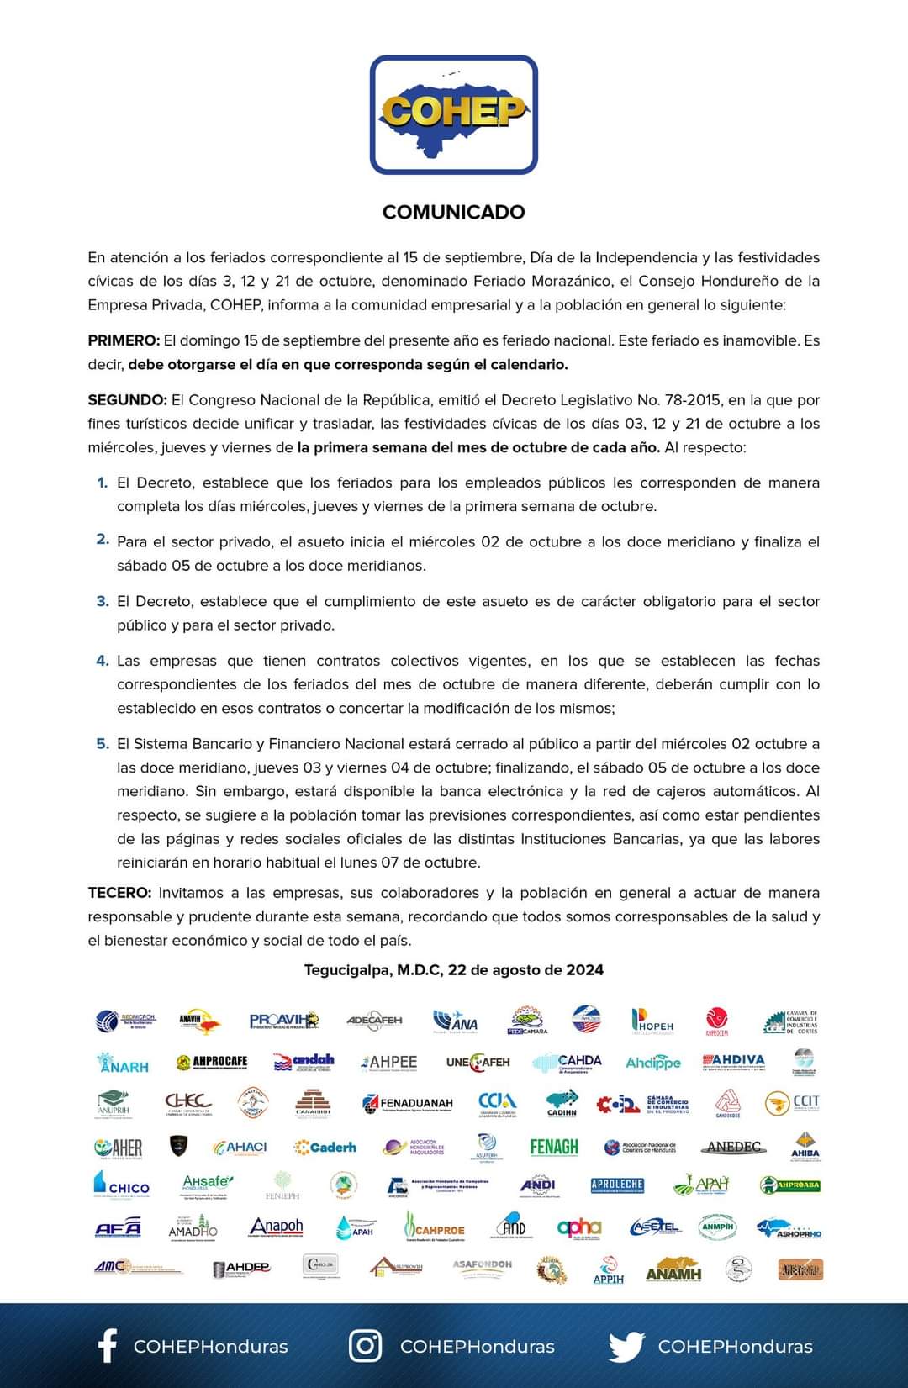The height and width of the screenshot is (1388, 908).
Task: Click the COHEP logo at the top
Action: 453,115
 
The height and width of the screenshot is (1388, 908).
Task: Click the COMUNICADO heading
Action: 453,212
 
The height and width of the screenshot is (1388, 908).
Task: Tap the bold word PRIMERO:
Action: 124,340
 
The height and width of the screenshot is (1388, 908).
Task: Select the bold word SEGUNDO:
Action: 127,400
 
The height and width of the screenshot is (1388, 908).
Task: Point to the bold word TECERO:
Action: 119,893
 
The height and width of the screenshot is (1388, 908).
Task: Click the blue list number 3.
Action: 103,601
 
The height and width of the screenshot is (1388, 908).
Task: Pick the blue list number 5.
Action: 103,744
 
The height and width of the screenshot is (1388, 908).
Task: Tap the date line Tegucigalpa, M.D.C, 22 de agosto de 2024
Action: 453,970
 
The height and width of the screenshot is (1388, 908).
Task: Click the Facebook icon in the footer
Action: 108,1346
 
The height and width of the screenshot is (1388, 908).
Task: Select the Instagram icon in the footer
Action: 366,1346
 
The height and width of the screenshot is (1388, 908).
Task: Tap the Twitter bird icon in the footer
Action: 626,1346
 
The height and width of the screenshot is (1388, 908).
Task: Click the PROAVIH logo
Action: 284,1021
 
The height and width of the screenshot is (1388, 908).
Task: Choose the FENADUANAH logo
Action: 408,1103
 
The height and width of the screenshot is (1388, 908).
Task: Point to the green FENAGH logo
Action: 554,1146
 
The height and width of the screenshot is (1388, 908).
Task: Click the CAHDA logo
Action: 568,1063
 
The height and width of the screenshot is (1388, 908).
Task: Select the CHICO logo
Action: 122,1185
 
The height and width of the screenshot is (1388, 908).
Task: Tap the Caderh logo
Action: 325,1147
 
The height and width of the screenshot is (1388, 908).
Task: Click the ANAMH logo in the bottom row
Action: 673,1269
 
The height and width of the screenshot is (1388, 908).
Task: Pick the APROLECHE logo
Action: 617,1185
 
